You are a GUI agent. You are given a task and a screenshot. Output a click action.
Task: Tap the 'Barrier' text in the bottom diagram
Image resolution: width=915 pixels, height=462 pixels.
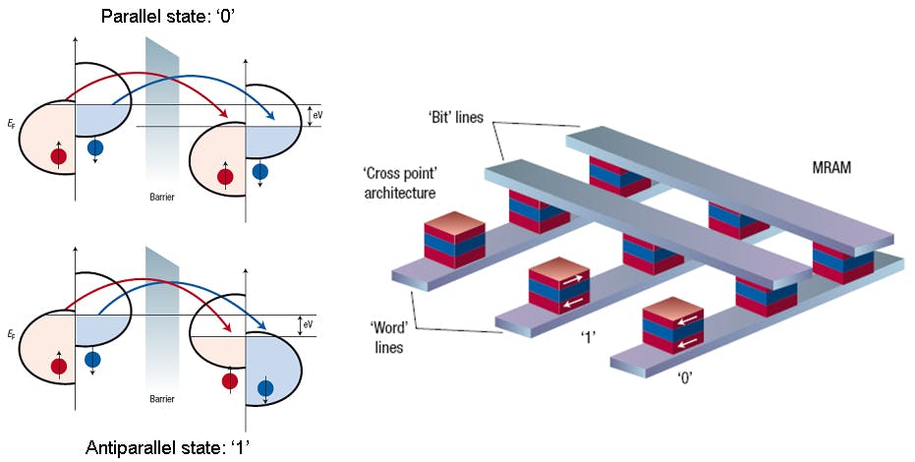click(x=162, y=399)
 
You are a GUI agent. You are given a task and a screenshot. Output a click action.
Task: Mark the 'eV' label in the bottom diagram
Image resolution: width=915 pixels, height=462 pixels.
click(x=309, y=323)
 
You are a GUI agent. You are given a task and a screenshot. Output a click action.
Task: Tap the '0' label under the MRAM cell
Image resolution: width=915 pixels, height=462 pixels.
click(x=681, y=376)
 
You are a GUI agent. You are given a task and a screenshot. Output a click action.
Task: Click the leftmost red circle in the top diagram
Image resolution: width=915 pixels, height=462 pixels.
click(x=59, y=155)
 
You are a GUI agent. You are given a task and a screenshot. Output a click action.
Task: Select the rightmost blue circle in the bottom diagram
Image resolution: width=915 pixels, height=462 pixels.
click(x=265, y=388)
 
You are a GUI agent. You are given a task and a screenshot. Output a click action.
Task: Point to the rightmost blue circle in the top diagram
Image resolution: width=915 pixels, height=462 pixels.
click(x=259, y=172)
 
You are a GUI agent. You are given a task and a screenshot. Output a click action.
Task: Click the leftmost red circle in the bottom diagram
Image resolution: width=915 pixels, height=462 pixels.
click(x=59, y=366)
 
